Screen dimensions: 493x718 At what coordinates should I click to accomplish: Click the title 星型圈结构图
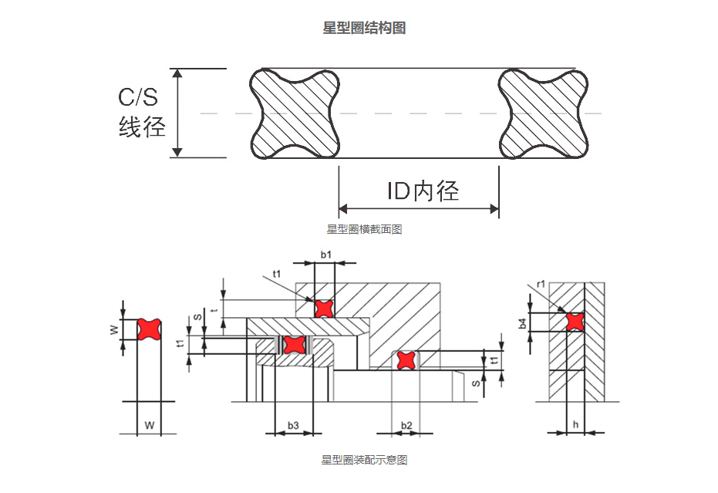pos(364,29)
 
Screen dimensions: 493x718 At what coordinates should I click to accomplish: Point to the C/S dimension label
pos(137,97)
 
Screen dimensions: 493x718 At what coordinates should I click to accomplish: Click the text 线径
pos(142,126)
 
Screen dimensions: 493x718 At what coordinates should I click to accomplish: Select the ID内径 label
pos(423,191)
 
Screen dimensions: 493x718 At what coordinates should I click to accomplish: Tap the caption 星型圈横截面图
pos(364,229)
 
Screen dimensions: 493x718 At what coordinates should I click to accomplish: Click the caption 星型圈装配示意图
pos(364,460)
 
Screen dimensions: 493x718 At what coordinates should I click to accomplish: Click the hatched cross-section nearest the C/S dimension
pos(296,113)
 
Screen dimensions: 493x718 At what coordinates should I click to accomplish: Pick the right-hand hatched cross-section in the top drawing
pos(544,113)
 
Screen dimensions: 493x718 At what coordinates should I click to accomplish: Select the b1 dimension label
pos(325,254)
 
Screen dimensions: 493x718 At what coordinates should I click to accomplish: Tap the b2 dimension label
pos(406,425)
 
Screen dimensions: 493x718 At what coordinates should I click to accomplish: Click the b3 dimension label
pos(293,425)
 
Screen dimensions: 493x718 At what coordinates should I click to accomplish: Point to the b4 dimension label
pos(523,323)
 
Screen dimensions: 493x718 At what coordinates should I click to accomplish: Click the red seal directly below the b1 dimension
pos(325,308)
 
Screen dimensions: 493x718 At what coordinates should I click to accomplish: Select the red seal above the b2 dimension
pos(406,360)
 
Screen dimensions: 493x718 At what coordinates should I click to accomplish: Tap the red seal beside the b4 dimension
pos(575,321)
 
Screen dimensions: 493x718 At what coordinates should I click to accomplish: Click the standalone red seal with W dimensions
pos(148,329)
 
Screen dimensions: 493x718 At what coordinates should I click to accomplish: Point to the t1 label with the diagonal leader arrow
pos(277,273)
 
